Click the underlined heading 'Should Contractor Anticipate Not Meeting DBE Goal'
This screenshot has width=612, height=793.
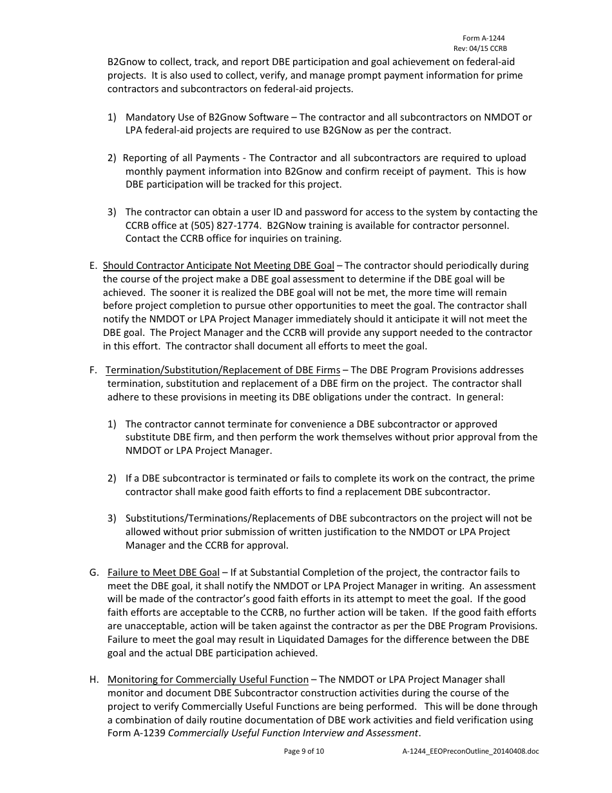pyautogui.click(x=218, y=266)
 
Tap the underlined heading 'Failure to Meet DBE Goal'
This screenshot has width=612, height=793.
pyautogui.click(x=164, y=573)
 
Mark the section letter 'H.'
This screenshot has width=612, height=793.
pyautogui.click(x=94, y=680)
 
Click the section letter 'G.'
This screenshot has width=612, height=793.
pyautogui.click(x=94, y=573)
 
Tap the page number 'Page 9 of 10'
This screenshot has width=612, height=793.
pyautogui.click(x=304, y=751)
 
